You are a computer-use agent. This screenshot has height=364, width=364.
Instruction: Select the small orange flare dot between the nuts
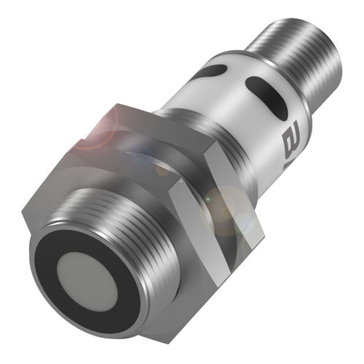click(161, 169)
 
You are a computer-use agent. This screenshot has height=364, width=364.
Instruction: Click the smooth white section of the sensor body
click(233, 116)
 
